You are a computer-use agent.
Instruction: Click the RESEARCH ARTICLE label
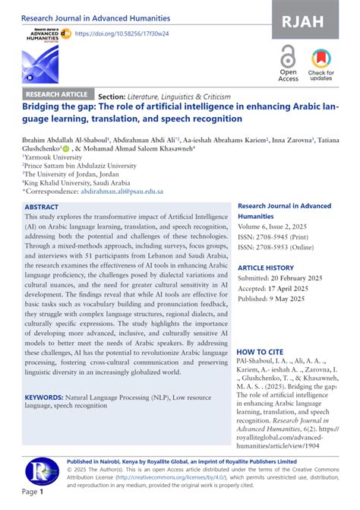(58, 95)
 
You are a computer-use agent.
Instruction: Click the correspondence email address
(121, 193)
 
